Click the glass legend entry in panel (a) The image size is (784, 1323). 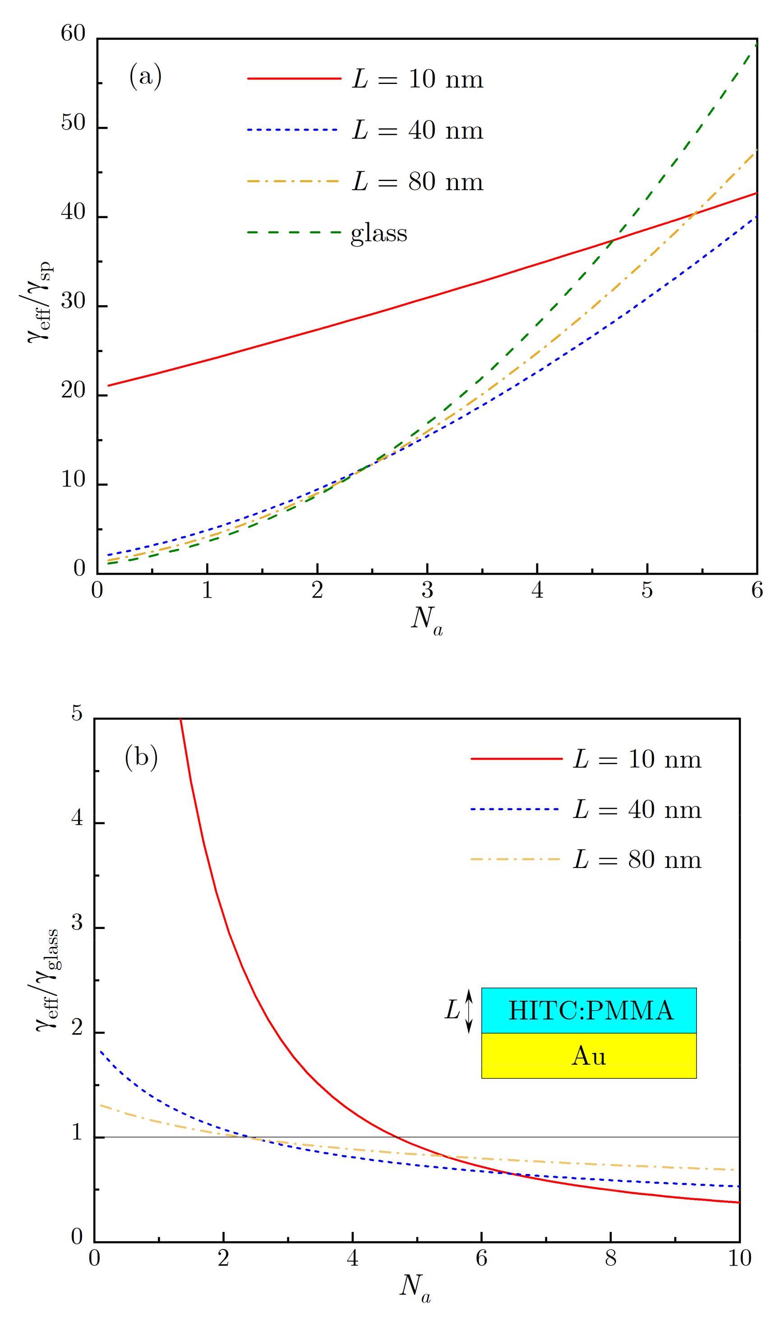tap(379, 232)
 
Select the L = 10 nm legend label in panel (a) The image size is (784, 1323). tap(418, 79)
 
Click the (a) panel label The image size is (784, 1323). tap(145, 76)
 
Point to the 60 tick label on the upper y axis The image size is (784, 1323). tap(73, 33)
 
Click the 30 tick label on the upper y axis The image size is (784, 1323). tap(73, 301)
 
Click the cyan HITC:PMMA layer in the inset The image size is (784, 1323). tap(589, 1010)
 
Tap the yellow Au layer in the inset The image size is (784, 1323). tap(589, 1055)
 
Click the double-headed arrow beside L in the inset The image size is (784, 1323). tap(469, 1011)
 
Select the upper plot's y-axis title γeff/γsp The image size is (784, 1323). tap(40, 302)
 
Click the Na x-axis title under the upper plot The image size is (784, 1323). tap(427, 619)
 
